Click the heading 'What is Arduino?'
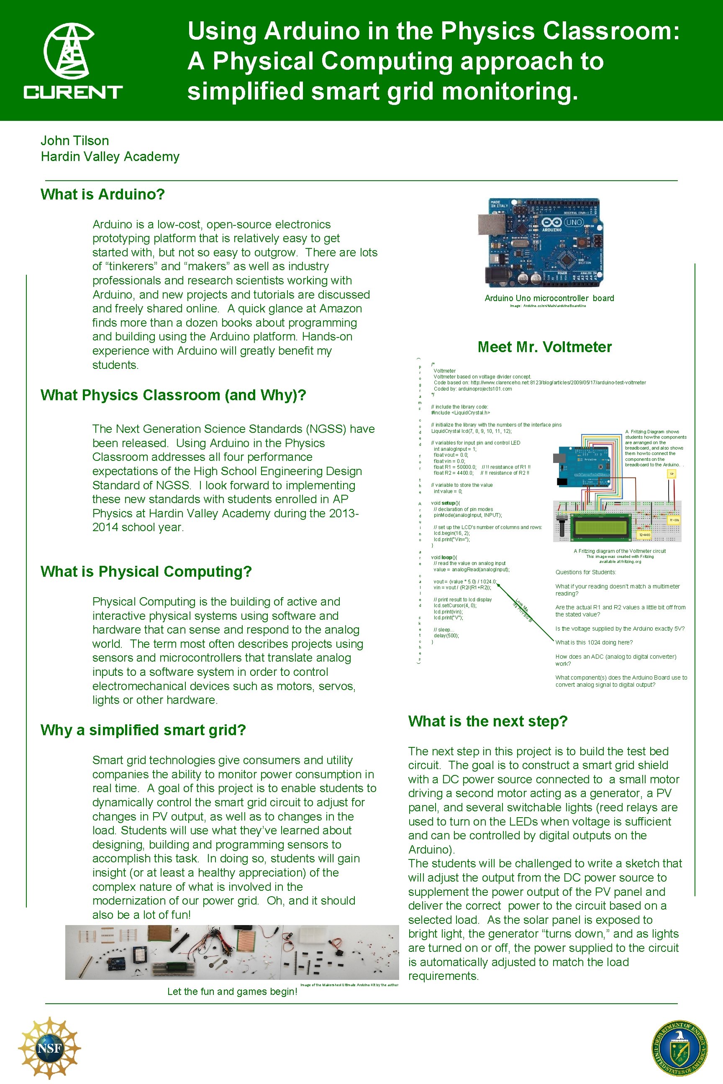(x=103, y=194)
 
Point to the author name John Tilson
(x=75, y=141)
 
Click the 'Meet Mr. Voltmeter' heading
(x=545, y=347)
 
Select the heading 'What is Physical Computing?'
(x=146, y=572)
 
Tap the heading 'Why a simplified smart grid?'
(x=143, y=730)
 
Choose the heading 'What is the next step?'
(x=487, y=721)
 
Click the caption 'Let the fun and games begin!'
(x=232, y=991)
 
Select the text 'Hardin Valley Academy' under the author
(x=110, y=157)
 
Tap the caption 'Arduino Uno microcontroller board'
(x=549, y=298)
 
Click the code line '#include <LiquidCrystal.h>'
(x=460, y=412)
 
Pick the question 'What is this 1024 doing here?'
(x=594, y=642)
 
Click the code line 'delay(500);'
(x=446, y=636)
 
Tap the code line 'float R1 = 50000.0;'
(x=455, y=467)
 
